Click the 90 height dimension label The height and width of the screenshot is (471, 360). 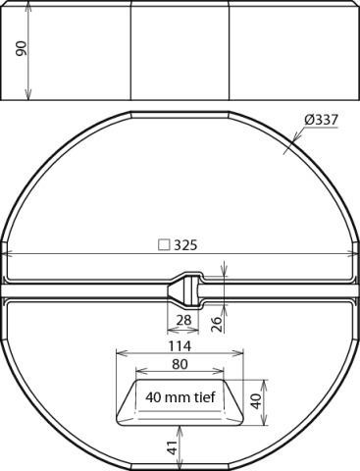[x=22, y=48]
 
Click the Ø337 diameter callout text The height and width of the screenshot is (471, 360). [x=321, y=120]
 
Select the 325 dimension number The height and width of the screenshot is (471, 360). [x=185, y=244]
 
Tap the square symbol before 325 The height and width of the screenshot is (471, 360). [x=164, y=245]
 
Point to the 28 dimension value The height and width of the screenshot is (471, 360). [x=183, y=320]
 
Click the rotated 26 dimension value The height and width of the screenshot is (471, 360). [x=216, y=324]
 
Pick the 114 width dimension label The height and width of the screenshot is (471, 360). [x=180, y=345]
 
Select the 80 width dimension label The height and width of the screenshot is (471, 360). [x=180, y=364]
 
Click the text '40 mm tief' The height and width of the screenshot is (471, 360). [x=180, y=397]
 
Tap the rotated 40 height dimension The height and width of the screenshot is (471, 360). [x=256, y=401]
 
